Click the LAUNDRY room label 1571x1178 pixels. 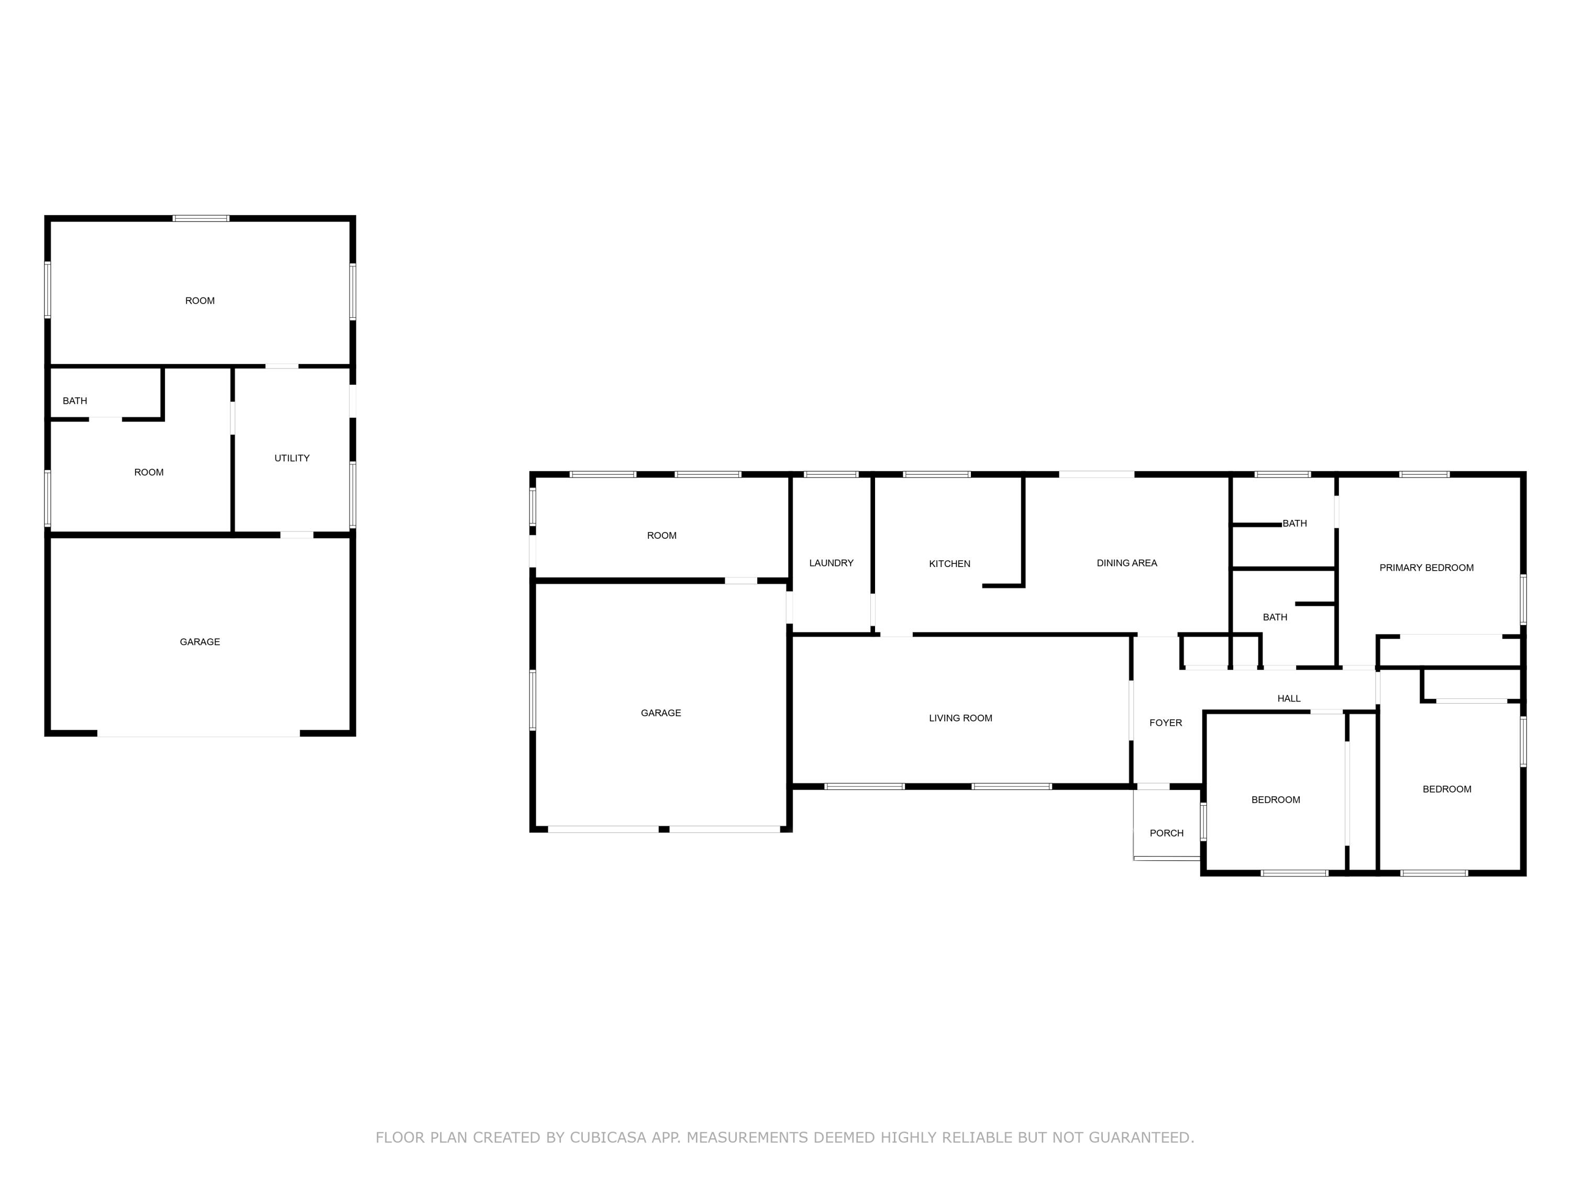point(831,563)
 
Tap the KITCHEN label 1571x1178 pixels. point(949,564)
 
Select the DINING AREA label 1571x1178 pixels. point(1126,563)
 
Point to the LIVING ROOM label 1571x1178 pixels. point(960,718)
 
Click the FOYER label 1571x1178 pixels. point(1166,723)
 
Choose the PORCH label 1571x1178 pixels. point(1166,833)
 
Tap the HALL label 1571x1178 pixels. point(1288,699)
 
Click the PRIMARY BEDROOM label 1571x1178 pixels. point(1426,568)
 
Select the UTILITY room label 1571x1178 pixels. point(292,458)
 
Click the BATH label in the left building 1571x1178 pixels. point(74,401)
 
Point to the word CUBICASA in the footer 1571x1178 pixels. point(607,1138)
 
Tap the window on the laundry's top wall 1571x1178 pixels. point(831,474)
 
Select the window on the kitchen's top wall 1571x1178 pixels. point(937,474)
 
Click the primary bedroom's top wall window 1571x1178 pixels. point(1424,474)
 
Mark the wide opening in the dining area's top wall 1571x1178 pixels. point(1097,474)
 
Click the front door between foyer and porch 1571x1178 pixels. point(1154,787)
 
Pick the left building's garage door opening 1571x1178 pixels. point(199,734)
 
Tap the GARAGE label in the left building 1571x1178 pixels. point(200,642)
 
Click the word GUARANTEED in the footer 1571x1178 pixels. point(1141,1138)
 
